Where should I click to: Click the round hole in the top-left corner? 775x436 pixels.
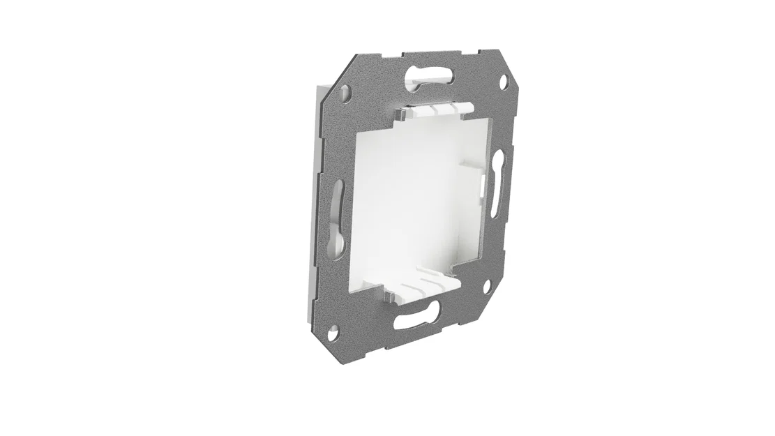[345, 90]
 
